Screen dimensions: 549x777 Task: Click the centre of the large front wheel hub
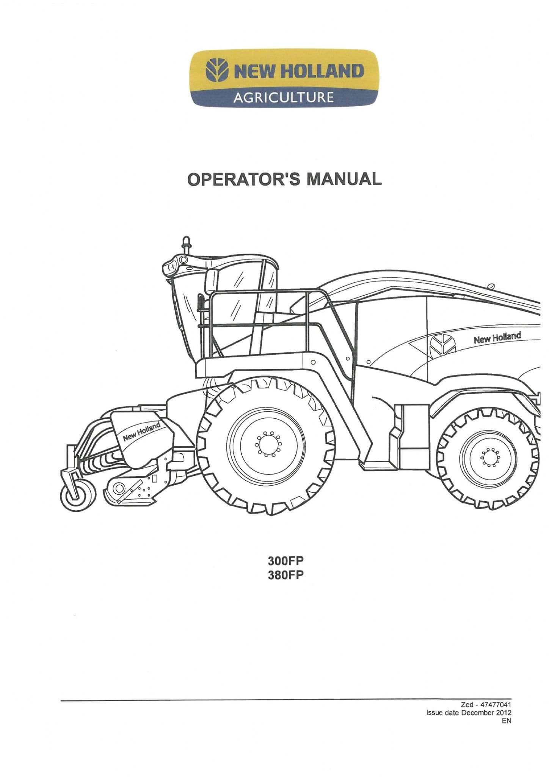[268, 444]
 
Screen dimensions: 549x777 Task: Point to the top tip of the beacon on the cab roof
[186, 237]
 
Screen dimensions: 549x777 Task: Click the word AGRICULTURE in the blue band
[284, 98]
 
